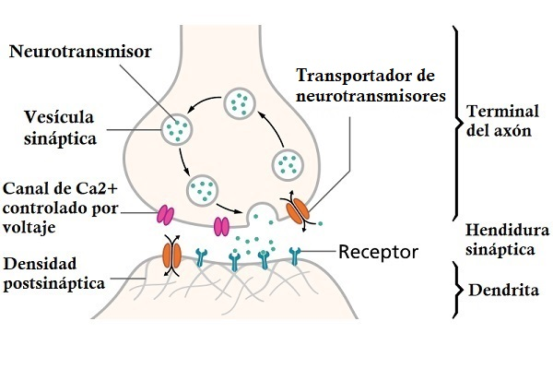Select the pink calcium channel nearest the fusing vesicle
(x=222, y=225)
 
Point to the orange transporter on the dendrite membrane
(x=171, y=253)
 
